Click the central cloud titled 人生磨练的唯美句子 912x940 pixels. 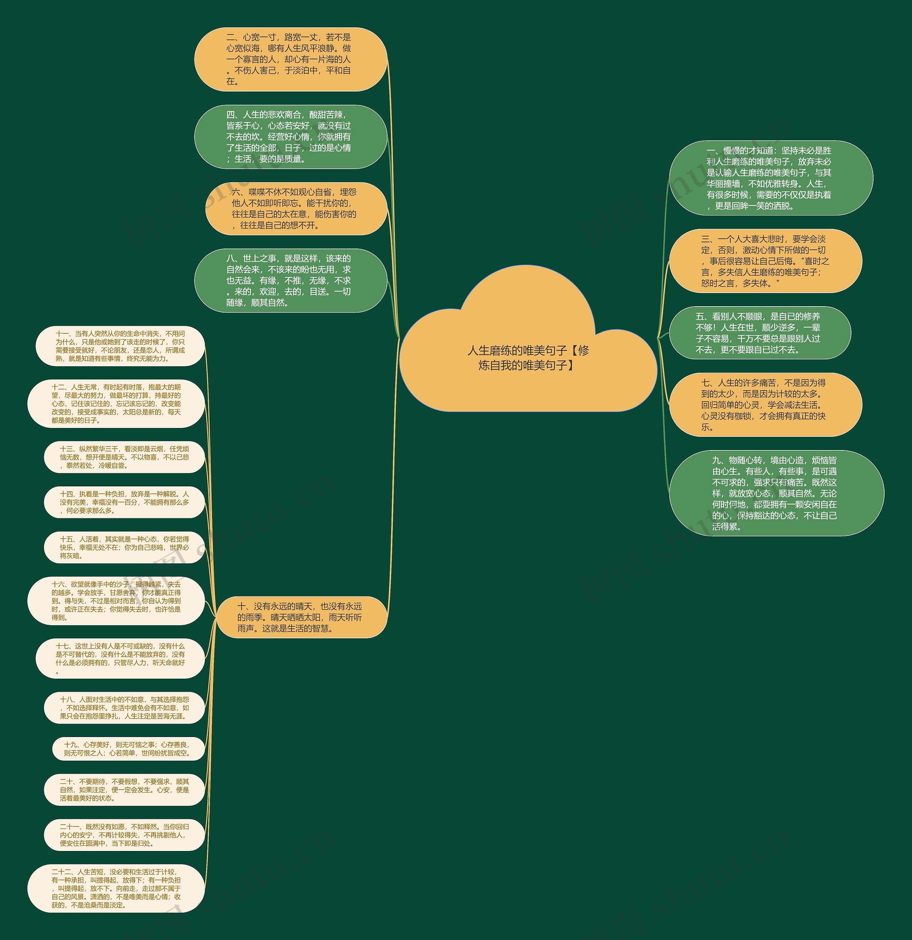[528, 357]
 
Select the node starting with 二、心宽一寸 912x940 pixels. [290, 59]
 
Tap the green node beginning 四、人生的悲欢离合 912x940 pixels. [290, 137]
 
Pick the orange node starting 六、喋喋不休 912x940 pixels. [296, 209]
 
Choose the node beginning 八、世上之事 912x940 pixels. [290, 281]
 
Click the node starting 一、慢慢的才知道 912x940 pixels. [771, 178]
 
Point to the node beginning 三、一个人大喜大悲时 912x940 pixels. [765, 261]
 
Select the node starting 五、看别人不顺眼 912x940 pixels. [760, 333]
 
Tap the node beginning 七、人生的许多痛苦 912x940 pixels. [765, 405]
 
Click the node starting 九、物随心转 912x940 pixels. [776, 493]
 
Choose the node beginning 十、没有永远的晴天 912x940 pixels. [301, 617]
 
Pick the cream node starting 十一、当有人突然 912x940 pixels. [120, 346]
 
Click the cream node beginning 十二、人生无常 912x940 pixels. [116, 403]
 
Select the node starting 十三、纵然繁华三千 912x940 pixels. [124, 457]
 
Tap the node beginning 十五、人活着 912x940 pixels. [124, 547]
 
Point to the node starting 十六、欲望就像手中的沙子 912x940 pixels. [116, 601]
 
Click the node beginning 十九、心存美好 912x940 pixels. [128, 749]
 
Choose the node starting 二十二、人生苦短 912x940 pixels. [116, 888]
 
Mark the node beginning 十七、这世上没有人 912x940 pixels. [120, 658]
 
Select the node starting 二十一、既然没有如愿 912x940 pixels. [124, 835]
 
